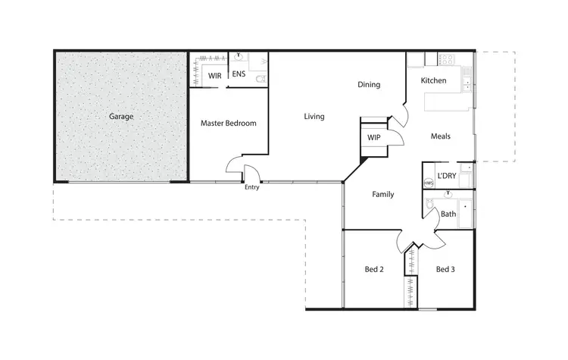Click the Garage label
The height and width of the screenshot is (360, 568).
(x=121, y=117)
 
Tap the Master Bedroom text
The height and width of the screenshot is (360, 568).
(x=228, y=123)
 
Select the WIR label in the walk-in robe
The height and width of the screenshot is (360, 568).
(x=214, y=76)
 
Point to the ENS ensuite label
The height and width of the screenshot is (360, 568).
(x=239, y=74)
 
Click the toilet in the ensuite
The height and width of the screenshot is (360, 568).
(x=260, y=78)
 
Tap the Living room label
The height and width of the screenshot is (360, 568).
(x=314, y=117)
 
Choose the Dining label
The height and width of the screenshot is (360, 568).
(x=369, y=85)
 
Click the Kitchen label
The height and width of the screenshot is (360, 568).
(x=434, y=80)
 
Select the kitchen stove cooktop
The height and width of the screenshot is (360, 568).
(x=446, y=58)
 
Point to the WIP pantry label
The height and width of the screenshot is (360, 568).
(x=373, y=138)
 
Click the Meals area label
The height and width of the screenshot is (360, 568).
(x=441, y=136)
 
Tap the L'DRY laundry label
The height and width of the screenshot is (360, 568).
(x=447, y=176)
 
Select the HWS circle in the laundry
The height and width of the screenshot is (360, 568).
(x=429, y=183)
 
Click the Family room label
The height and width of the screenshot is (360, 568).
(x=382, y=195)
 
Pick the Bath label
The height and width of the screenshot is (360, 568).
(x=448, y=214)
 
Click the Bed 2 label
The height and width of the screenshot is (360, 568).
(x=374, y=269)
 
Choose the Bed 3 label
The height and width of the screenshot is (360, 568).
(x=445, y=269)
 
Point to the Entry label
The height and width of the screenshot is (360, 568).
(x=252, y=188)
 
